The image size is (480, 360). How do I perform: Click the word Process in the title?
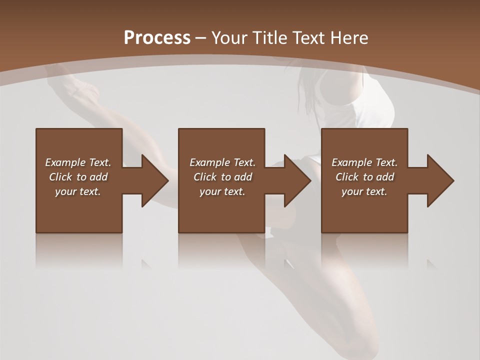coord(157,38)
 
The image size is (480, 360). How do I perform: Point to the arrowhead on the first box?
coord(153,180)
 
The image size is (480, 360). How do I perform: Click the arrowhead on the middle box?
coord(296,180)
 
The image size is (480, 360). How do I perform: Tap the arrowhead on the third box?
coord(439,180)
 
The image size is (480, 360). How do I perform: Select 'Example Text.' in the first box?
coord(78,162)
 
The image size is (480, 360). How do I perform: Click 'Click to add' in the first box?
coord(78,177)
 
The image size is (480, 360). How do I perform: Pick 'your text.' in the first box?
coord(78,191)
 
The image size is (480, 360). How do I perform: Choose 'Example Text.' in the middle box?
coord(222,162)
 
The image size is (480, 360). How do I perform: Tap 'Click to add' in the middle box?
coord(222,177)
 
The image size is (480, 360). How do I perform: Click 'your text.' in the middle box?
coord(222,191)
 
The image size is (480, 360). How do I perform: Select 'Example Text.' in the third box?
coord(364,162)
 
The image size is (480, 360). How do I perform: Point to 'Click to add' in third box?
coord(364,177)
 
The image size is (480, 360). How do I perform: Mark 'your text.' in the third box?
coord(364,191)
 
